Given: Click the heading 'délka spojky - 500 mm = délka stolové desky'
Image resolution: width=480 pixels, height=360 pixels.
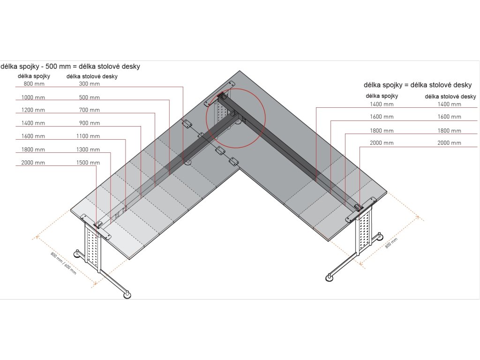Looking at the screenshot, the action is [x=70, y=67].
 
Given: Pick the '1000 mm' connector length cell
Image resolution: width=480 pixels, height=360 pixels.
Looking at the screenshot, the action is [x=33, y=97].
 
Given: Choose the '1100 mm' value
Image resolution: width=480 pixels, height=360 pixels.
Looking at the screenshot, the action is [x=88, y=136].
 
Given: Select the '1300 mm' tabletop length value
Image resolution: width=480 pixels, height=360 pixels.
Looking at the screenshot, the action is [x=88, y=150].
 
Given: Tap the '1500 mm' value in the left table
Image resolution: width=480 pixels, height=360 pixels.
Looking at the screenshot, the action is [x=88, y=163].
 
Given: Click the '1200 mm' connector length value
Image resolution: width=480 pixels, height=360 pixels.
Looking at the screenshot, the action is [x=33, y=110].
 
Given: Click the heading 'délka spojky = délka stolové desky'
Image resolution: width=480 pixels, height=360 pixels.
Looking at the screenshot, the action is [x=417, y=85].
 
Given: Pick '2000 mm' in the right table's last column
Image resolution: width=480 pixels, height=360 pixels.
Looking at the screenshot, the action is [x=449, y=143].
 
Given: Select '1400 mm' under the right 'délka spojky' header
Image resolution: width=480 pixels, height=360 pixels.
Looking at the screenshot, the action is [x=382, y=104].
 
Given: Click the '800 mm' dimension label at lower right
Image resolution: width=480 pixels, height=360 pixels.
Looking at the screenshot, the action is [x=391, y=243].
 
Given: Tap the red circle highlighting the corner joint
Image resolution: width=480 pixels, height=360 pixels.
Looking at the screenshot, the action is [x=236, y=118].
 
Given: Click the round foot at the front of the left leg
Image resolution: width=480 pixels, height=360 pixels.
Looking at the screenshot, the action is [x=127, y=295].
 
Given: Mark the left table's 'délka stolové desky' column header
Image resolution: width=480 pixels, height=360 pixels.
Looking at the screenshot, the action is [x=92, y=76].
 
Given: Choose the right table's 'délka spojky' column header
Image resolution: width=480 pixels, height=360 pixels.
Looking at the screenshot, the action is [x=382, y=96].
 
